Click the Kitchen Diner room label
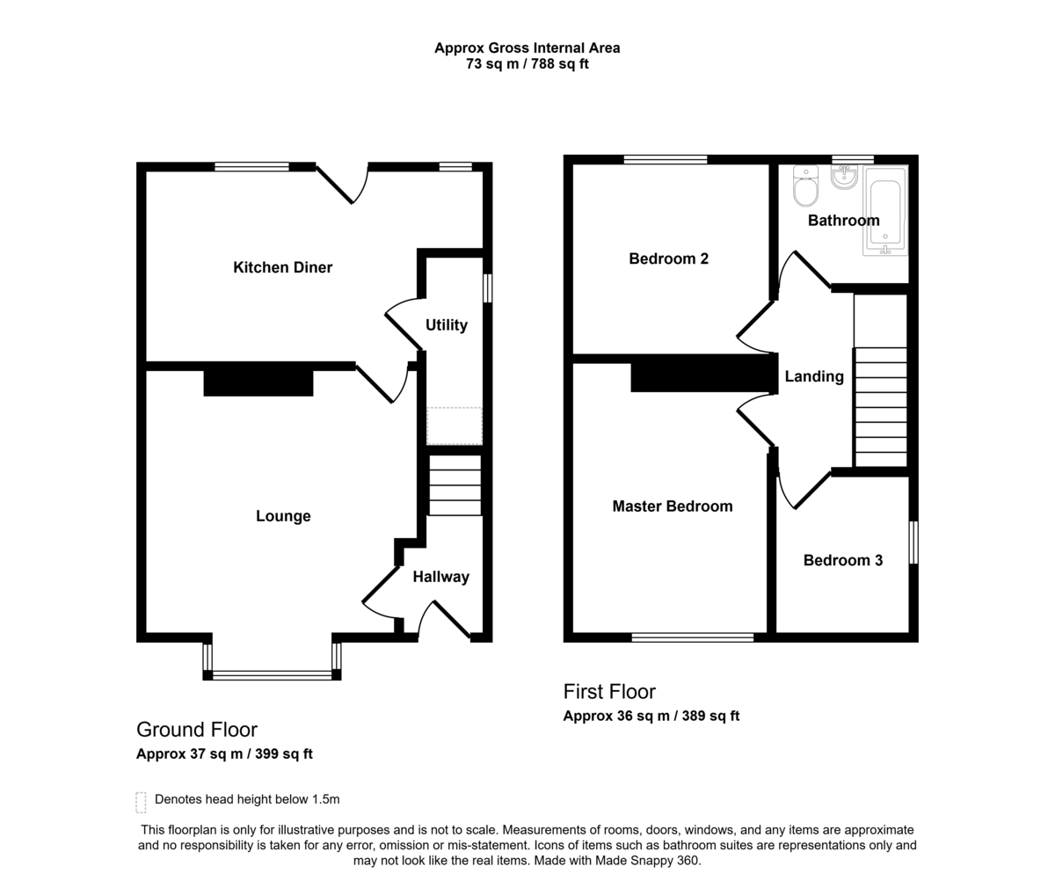282,267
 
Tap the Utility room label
446,325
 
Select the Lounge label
283,516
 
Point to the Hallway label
440,577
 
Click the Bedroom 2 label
668,258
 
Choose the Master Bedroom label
672,506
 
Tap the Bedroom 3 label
843,560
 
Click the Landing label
814,376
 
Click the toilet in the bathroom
805,186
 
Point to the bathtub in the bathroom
885,210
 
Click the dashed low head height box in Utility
455,426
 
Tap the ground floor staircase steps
455,485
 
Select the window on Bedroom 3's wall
913,542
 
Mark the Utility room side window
487,288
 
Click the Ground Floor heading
197,730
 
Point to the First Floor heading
609,692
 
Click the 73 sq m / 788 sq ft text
527,64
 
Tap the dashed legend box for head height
141,803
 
